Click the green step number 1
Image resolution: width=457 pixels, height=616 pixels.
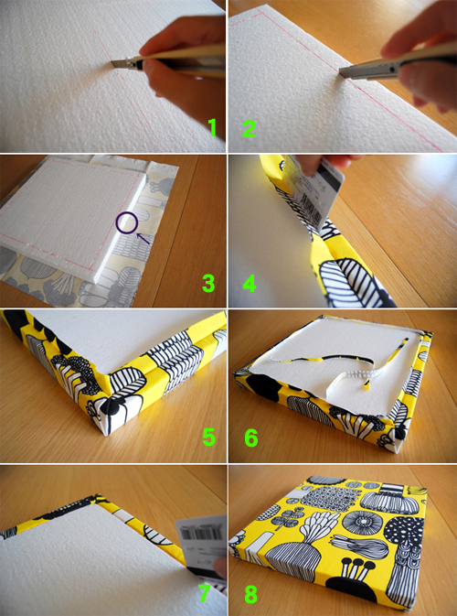(x=213, y=127)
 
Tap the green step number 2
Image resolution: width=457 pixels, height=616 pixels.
(x=250, y=127)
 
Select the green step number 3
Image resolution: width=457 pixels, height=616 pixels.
(x=208, y=283)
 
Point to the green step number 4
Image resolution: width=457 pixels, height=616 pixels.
(x=250, y=283)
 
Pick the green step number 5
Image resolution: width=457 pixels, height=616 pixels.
(x=208, y=437)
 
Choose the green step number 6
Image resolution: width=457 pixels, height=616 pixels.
(x=251, y=437)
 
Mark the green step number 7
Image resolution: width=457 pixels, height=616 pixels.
(x=204, y=594)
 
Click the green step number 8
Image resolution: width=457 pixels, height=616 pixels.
(x=251, y=594)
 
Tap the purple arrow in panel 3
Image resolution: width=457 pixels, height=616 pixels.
(x=143, y=239)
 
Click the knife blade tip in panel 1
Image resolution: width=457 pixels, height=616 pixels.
(x=112, y=63)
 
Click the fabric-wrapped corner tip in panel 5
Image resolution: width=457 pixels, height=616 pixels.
(x=105, y=434)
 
